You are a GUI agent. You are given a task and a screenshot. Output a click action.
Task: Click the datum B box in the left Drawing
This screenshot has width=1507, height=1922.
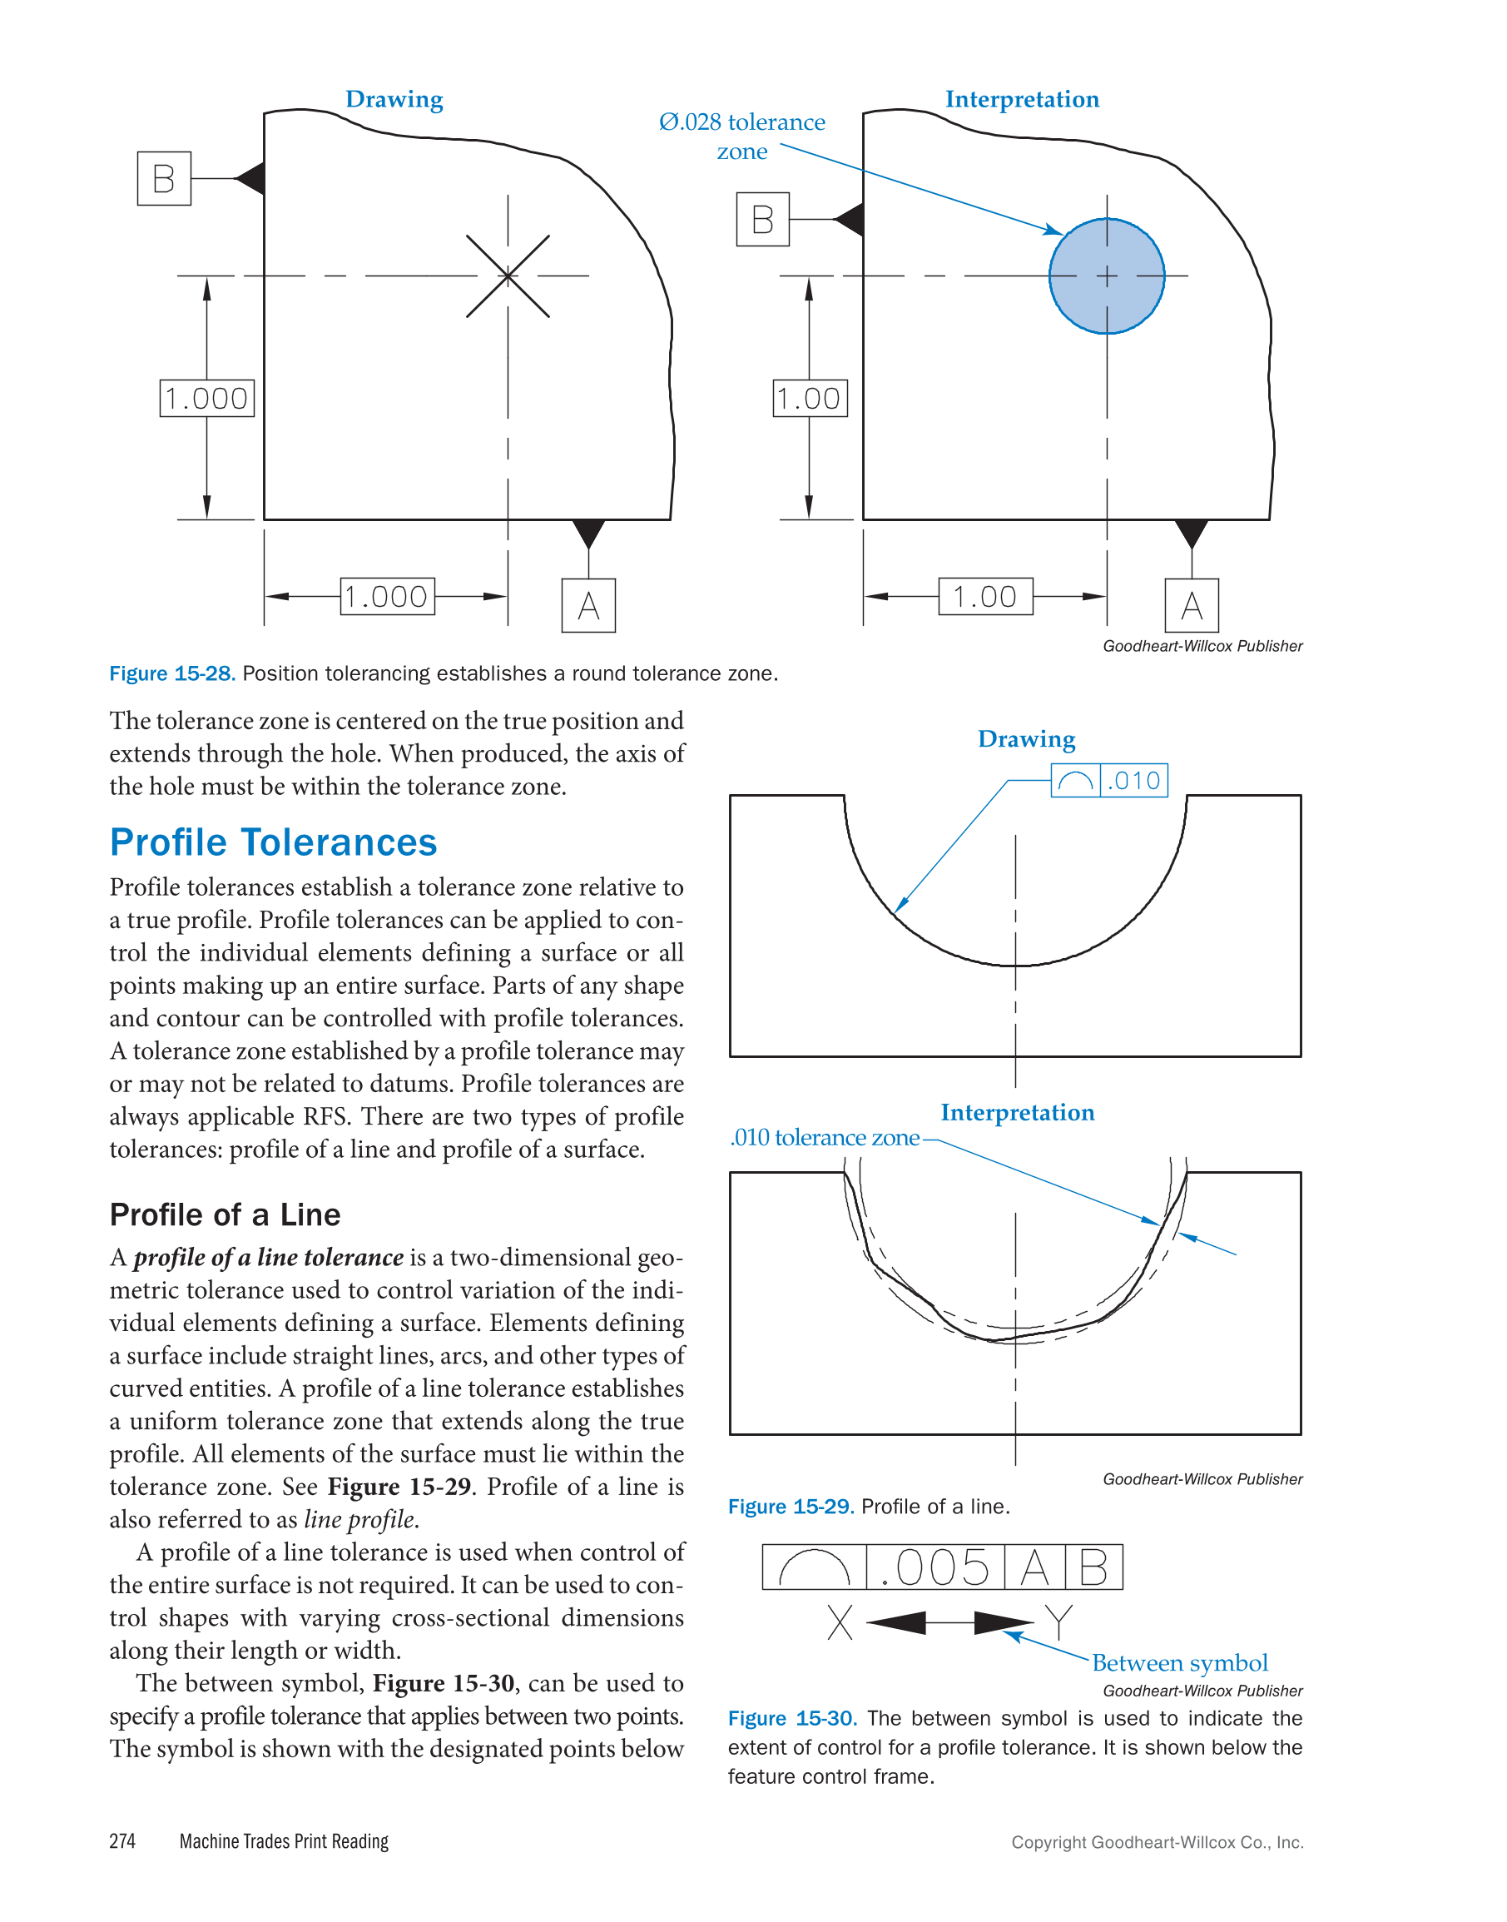(164, 178)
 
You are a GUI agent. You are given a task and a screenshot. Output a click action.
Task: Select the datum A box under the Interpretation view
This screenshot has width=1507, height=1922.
(1191, 605)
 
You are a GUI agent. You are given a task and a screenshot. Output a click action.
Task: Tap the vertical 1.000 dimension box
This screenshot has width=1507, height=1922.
(206, 398)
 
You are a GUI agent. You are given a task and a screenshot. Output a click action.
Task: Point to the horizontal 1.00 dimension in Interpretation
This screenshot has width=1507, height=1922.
(984, 597)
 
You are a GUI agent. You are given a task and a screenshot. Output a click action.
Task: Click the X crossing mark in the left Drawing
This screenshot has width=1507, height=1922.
(508, 276)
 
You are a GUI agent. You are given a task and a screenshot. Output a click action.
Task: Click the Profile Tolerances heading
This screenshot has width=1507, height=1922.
(273, 842)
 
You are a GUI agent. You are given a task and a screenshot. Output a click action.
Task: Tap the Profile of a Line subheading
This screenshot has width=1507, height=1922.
(225, 1214)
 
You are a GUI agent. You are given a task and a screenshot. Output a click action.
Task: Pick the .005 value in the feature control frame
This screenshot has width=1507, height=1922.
(936, 1567)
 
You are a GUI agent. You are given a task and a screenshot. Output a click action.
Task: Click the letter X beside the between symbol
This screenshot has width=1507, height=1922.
(840, 1622)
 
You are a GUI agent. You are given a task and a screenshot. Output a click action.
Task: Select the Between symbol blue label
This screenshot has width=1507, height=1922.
(1180, 1662)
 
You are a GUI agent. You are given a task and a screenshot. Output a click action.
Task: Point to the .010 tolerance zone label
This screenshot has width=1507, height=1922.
(824, 1138)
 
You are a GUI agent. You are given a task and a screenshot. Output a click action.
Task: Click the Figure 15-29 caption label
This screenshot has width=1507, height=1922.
(791, 1507)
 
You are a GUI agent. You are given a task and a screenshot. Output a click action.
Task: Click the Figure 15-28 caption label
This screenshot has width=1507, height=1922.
(172, 673)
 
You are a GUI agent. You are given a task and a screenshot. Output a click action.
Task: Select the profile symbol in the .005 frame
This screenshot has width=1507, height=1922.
(814, 1568)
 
